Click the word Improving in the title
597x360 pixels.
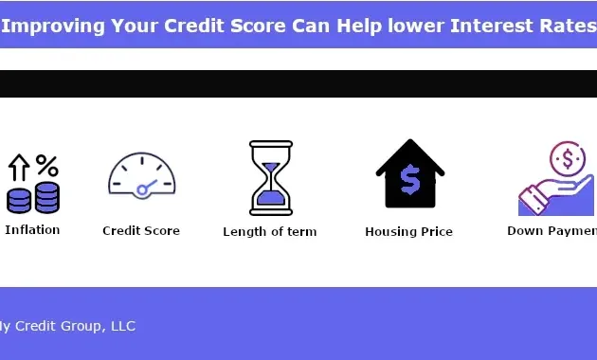click(50, 25)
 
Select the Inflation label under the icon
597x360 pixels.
click(32, 229)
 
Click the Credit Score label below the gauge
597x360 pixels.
click(141, 230)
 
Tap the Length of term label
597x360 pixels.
click(270, 231)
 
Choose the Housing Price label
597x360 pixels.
click(409, 231)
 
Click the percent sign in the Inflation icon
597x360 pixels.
click(46, 166)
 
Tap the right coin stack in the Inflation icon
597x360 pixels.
click(46, 198)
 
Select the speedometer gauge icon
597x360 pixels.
click(142, 175)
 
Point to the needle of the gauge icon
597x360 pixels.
click(147, 187)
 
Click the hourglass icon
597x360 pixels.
click(271, 178)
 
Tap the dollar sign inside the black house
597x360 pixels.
click(410, 179)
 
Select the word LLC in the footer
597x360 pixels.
click(123, 326)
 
